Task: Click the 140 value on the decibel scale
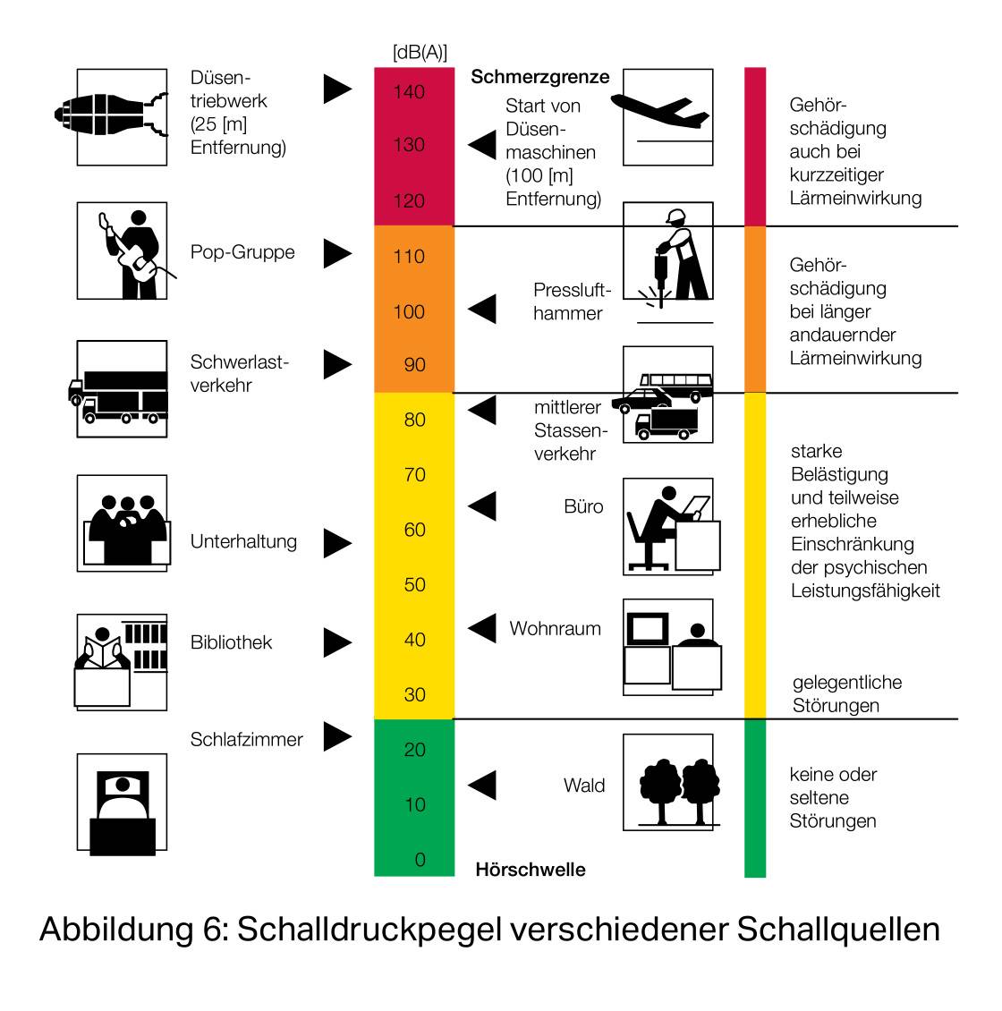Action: click(x=409, y=92)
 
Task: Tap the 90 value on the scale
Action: click(x=414, y=365)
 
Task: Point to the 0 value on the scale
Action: click(x=420, y=860)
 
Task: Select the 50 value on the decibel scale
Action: click(x=414, y=585)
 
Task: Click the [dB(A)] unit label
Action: click(x=420, y=52)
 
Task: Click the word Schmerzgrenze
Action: click(x=540, y=77)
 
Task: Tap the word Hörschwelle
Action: click(x=531, y=869)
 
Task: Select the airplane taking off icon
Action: click(x=668, y=117)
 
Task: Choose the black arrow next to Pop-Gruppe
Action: click(x=337, y=253)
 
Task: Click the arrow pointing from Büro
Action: click(x=482, y=506)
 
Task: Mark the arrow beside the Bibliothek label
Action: click(x=337, y=643)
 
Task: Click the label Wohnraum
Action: click(x=556, y=629)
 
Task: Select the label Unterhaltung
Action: click(x=243, y=541)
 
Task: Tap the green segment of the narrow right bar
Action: click(x=755, y=798)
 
